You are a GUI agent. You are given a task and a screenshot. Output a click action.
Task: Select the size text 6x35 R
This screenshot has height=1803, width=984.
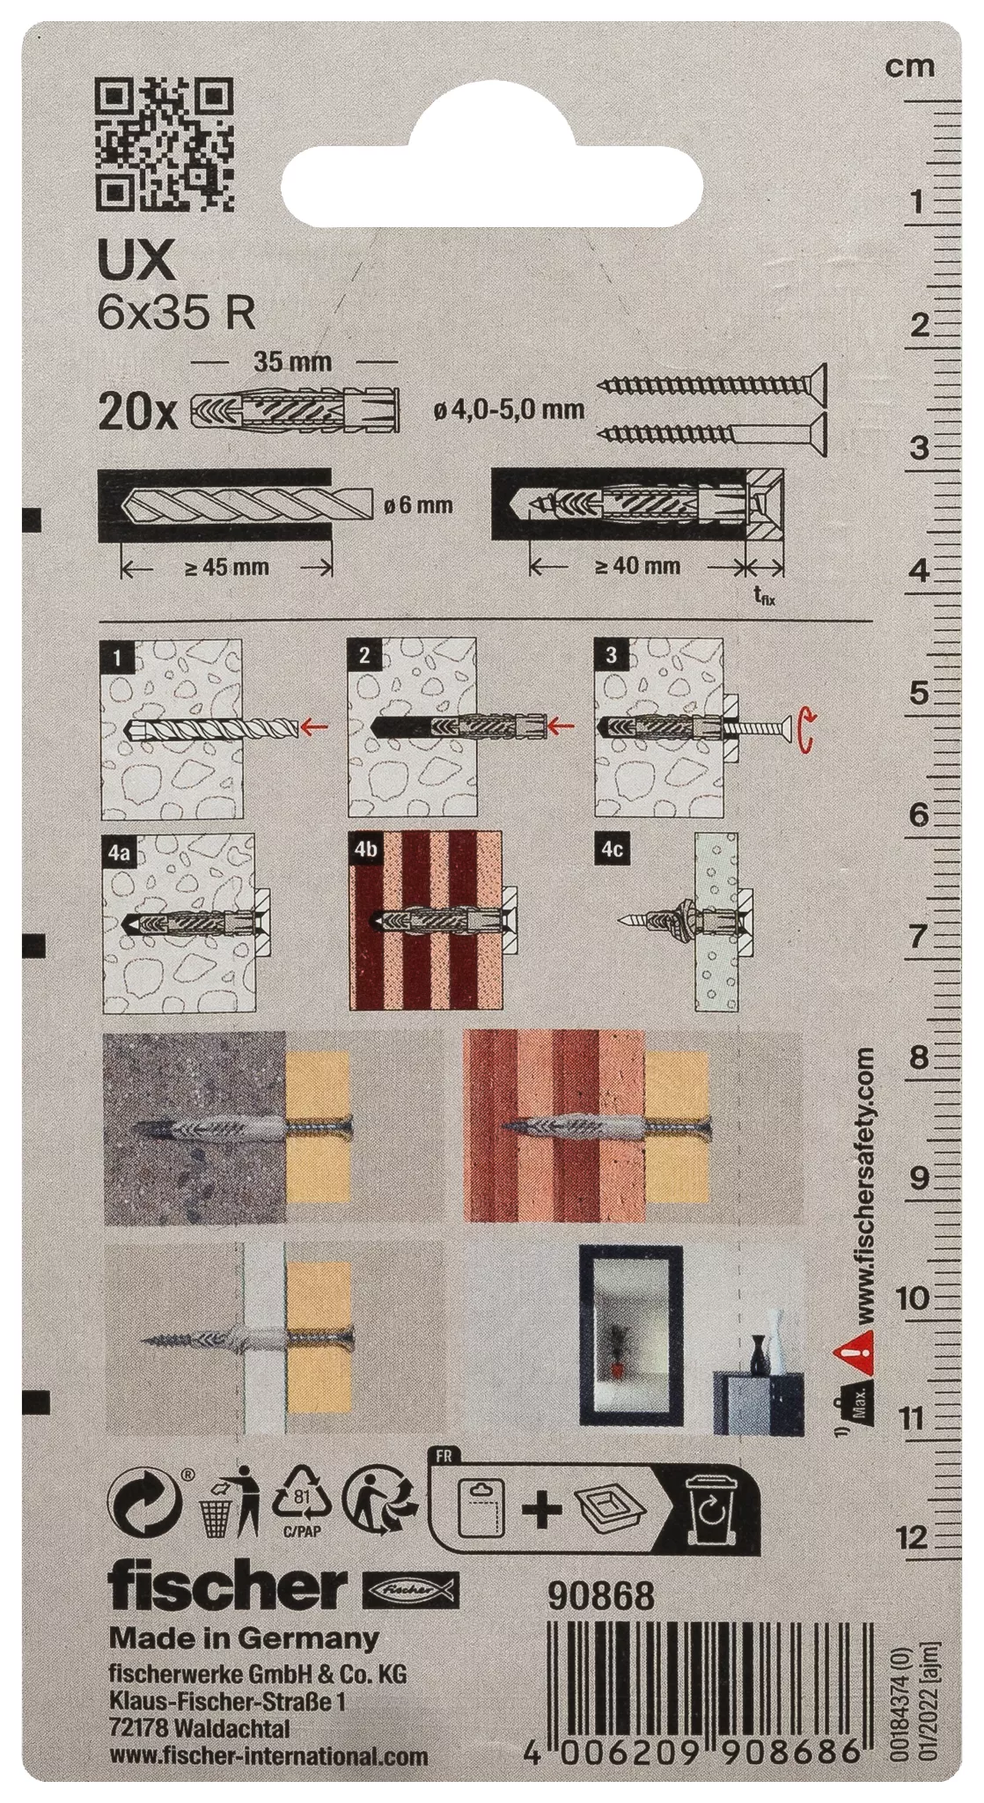pyautogui.click(x=176, y=314)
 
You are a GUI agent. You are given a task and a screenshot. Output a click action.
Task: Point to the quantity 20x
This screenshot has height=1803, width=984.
pyautogui.click(x=138, y=412)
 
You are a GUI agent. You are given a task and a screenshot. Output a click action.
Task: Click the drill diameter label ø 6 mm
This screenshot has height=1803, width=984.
pyautogui.click(x=419, y=505)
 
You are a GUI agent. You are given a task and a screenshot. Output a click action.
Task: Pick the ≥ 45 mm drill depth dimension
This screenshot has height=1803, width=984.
pyautogui.click(x=227, y=568)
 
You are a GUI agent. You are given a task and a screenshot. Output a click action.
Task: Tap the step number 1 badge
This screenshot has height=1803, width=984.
pyautogui.click(x=118, y=656)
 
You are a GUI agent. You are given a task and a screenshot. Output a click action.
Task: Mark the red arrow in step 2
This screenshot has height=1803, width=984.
pyautogui.click(x=560, y=726)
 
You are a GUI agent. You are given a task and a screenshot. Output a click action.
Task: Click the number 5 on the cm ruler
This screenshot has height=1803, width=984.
pyautogui.click(x=919, y=693)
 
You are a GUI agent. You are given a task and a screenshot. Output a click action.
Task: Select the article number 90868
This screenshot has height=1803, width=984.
pyautogui.click(x=601, y=1595)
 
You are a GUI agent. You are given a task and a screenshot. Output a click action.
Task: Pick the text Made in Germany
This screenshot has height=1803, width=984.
pyautogui.click(x=244, y=1638)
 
